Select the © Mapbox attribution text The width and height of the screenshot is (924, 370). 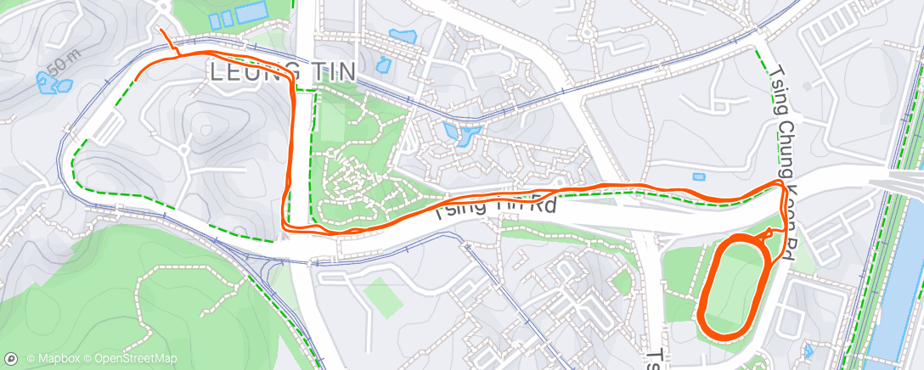(51, 359)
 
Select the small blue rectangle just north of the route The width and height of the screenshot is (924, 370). (698, 177)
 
